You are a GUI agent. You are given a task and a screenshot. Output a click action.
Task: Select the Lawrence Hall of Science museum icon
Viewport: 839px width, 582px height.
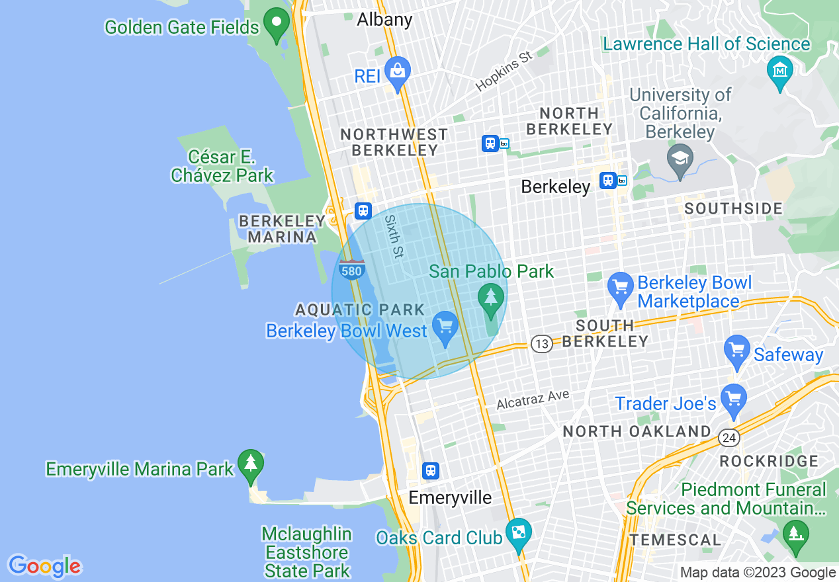[x=780, y=69]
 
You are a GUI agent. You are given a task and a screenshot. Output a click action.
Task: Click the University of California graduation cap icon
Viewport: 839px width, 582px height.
[x=680, y=160]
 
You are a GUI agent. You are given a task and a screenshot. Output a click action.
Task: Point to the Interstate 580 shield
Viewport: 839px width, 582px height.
[x=351, y=270]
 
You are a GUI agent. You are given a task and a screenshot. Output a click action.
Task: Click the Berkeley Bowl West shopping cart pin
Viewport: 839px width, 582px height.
[x=445, y=327]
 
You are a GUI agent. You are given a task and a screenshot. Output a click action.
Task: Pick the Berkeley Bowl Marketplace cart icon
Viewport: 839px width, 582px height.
[x=621, y=288]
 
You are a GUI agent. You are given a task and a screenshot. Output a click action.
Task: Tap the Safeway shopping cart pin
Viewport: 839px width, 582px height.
[x=736, y=351]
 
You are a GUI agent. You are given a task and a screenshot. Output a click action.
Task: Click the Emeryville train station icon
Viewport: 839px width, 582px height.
[x=431, y=470]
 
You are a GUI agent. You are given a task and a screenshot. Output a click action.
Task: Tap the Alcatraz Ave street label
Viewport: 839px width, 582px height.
[x=533, y=399]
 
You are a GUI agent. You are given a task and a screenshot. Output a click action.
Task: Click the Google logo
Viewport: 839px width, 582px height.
[x=44, y=565]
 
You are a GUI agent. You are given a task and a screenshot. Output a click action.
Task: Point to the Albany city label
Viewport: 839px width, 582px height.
[x=384, y=20]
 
